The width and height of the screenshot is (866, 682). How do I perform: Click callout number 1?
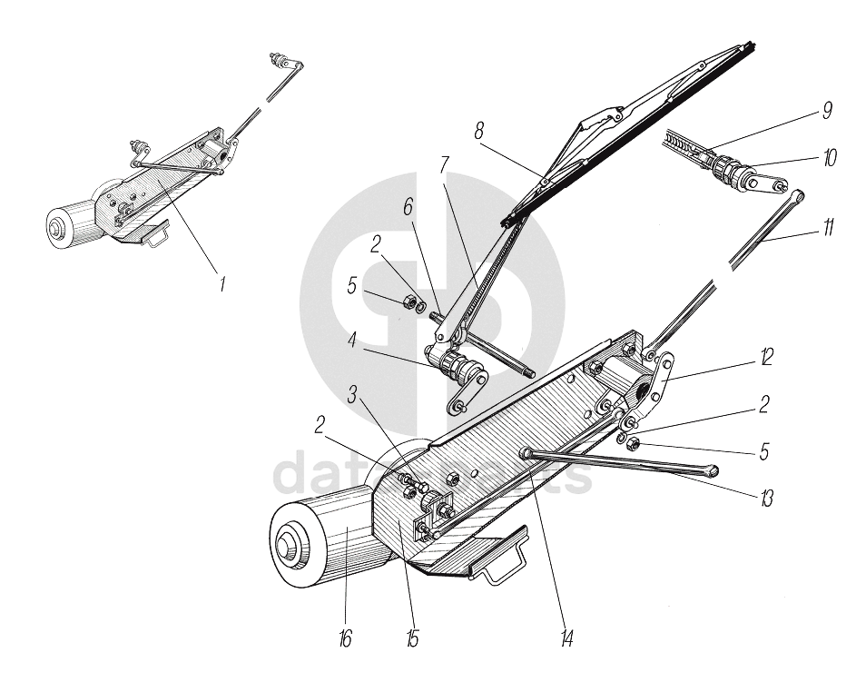point(221,284)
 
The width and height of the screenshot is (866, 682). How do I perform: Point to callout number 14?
point(566,639)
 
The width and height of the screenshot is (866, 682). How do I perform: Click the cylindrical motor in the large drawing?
point(318,536)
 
